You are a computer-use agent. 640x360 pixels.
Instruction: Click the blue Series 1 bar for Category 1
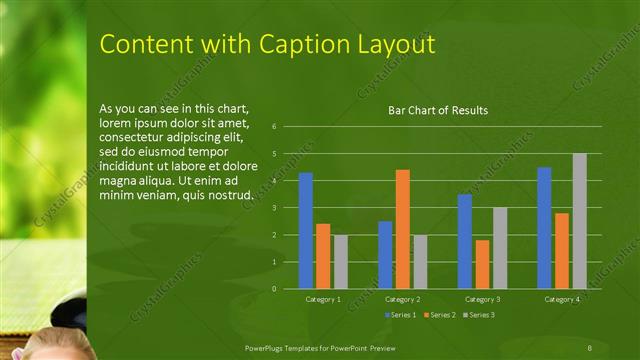pyautogui.click(x=306, y=231)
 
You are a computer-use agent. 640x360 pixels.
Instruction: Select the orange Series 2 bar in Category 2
pyautogui.click(x=402, y=229)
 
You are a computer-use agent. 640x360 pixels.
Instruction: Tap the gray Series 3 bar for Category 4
pyautogui.click(x=579, y=221)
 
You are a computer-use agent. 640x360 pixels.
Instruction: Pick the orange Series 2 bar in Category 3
pyautogui.click(x=482, y=264)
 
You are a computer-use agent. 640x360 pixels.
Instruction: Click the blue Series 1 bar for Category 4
pyautogui.click(x=544, y=228)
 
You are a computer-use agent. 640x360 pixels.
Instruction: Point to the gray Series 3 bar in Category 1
pyautogui.click(x=341, y=262)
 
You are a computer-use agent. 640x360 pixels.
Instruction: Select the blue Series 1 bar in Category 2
pyautogui.click(x=385, y=255)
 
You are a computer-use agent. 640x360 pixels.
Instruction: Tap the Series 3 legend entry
pyautogui.click(x=480, y=315)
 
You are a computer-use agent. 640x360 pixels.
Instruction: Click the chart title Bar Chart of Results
pyautogui.click(x=438, y=111)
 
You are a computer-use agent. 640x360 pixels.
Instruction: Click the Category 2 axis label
pyautogui.click(x=401, y=299)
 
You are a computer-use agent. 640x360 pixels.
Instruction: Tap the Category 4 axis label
pyautogui.click(x=561, y=299)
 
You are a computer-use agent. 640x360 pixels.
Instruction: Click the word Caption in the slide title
pyautogui.click(x=298, y=45)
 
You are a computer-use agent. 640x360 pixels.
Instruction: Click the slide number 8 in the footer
pyautogui.click(x=590, y=346)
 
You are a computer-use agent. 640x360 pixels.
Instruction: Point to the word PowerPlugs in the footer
pyautogui.click(x=270, y=346)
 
